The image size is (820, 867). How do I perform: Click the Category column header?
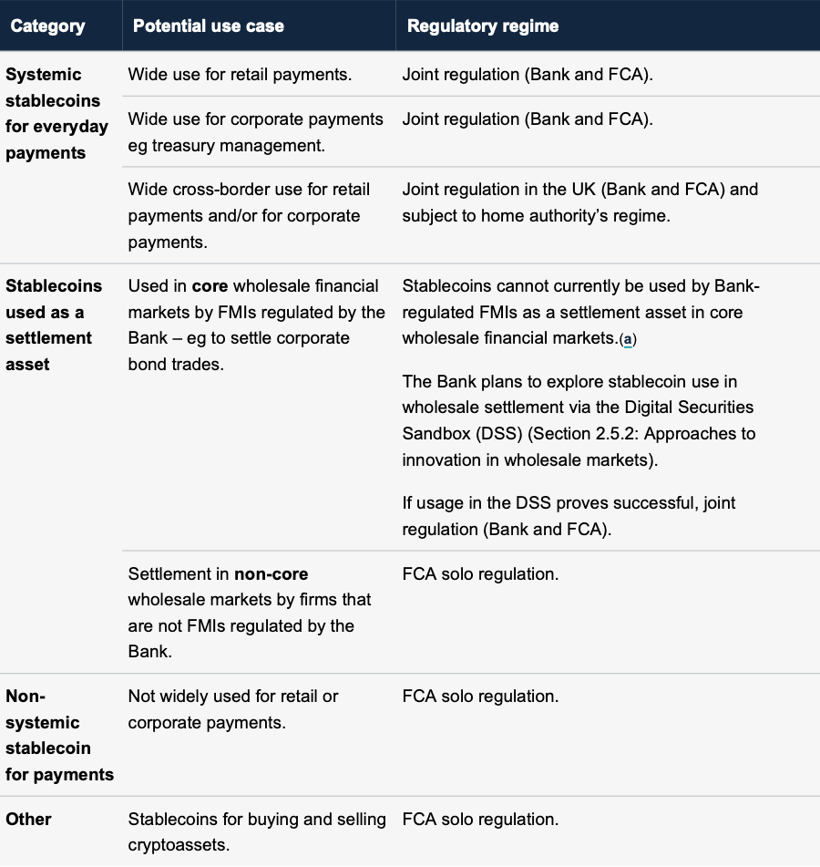(x=47, y=26)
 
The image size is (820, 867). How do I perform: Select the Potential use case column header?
(x=209, y=26)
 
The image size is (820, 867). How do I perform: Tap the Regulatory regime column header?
(x=483, y=26)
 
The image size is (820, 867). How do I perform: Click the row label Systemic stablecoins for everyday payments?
(x=56, y=114)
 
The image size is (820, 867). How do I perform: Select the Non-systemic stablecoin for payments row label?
(x=59, y=736)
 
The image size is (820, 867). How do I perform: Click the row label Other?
(x=28, y=819)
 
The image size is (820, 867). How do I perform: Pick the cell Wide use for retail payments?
(x=240, y=75)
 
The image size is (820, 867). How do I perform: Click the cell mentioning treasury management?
(x=256, y=132)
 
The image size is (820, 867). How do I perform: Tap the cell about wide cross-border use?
(x=249, y=216)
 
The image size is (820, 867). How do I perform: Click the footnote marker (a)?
(x=627, y=339)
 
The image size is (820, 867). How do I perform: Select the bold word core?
(x=210, y=286)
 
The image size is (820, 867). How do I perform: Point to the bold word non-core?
(x=272, y=574)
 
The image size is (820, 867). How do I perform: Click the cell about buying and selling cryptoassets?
(x=257, y=831)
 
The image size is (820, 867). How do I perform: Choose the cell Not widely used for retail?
(x=233, y=709)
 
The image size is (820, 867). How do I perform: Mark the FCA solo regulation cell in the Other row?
(x=480, y=819)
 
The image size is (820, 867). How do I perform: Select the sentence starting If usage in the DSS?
(x=569, y=515)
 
